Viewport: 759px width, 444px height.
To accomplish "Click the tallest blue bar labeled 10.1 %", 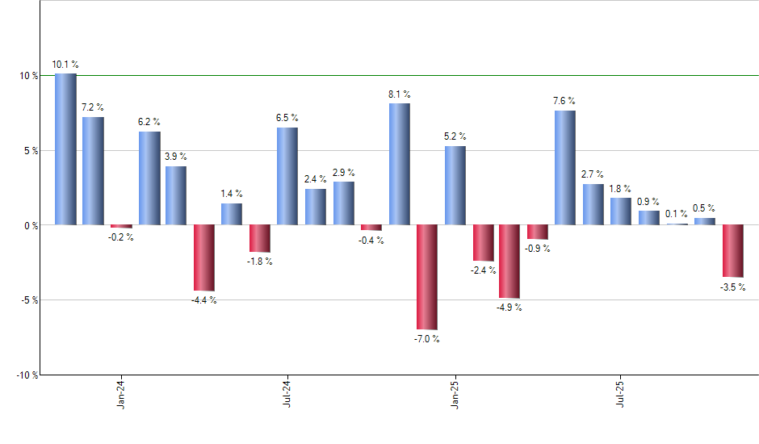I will click(x=65, y=149).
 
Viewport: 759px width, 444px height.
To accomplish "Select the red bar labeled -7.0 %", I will click(x=426, y=277).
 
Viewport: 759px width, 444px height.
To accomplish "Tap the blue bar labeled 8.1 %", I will click(x=399, y=164).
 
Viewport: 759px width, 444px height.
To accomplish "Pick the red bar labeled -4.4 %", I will click(x=204, y=258).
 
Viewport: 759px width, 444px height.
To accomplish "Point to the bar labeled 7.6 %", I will click(x=565, y=168).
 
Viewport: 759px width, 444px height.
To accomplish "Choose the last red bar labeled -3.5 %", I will click(x=732, y=251).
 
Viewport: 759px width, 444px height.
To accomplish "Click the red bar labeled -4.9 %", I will click(x=509, y=262).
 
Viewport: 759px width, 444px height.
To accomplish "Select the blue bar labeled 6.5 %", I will click(x=287, y=176).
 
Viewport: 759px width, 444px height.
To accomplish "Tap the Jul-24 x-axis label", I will click(x=287, y=394).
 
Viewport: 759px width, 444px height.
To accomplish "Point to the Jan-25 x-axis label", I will click(x=455, y=394).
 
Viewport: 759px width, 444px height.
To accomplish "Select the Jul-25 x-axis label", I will click(x=621, y=394).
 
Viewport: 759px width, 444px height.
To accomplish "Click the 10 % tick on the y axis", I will click(x=29, y=76).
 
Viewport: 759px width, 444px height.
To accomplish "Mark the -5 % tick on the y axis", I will click(x=29, y=300).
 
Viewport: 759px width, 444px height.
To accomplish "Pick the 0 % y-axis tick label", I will click(x=31, y=226).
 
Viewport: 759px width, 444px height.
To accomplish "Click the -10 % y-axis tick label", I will click(x=27, y=375).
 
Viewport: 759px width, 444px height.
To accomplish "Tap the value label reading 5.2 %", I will click(x=455, y=136).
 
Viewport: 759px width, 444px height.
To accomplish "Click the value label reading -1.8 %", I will click(x=260, y=262).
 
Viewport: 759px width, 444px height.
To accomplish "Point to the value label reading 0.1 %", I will click(x=677, y=213).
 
